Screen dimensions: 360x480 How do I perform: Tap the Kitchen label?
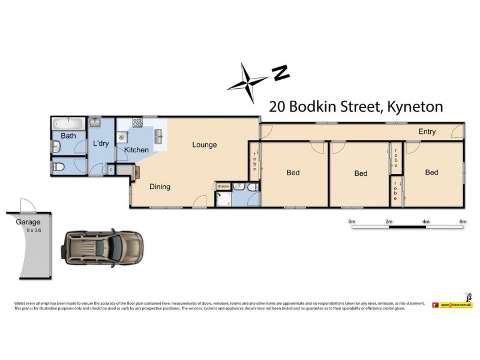136,149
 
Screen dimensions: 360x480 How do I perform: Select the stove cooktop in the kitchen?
137,123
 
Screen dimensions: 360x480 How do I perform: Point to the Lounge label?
205,145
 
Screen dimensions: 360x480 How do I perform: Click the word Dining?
160,187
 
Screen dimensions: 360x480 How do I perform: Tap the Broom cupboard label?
223,187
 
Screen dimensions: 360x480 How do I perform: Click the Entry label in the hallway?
427,131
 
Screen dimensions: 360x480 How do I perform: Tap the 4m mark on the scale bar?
426,221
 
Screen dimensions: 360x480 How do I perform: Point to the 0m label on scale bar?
352,221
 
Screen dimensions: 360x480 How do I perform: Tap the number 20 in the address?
277,107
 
